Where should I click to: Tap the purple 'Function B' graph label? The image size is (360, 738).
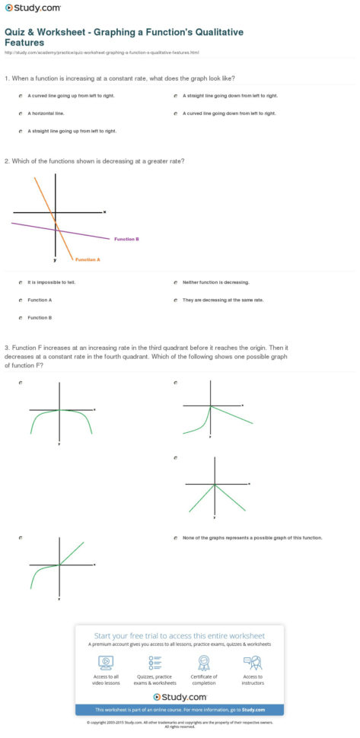coord(126,239)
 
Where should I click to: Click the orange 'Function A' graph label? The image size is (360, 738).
coord(87,259)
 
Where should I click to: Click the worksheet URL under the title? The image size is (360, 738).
coord(101,52)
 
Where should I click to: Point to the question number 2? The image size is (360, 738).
coord(6,161)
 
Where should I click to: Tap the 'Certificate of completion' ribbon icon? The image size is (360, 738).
coord(204,663)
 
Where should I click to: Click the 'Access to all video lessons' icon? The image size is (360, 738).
coord(105,663)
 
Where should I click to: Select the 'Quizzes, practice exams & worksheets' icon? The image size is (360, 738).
coord(155,663)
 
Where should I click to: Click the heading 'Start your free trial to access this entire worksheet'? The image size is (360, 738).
coord(179,635)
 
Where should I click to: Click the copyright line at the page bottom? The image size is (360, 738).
coord(180,723)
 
